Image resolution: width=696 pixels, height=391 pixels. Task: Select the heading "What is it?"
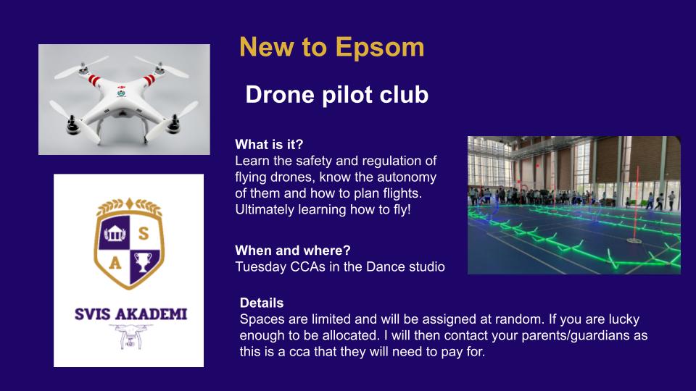[x=269, y=145]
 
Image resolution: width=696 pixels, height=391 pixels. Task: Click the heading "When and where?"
[x=292, y=251]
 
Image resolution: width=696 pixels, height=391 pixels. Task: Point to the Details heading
[x=262, y=303]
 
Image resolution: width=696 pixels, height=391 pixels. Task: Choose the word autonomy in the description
[x=407, y=177]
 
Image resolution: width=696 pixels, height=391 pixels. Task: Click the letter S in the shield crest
[x=144, y=233]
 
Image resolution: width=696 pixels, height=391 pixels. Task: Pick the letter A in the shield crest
[x=115, y=264]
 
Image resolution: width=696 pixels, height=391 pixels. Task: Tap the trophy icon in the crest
[x=143, y=262]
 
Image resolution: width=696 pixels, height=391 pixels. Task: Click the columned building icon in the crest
[x=115, y=232]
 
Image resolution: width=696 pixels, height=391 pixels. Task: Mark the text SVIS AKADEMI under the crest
[x=130, y=314]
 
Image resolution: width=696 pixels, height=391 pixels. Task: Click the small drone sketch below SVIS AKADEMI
[x=130, y=336]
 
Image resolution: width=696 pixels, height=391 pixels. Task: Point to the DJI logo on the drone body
[x=122, y=88]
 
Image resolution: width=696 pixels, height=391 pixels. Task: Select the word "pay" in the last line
[x=450, y=353]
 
